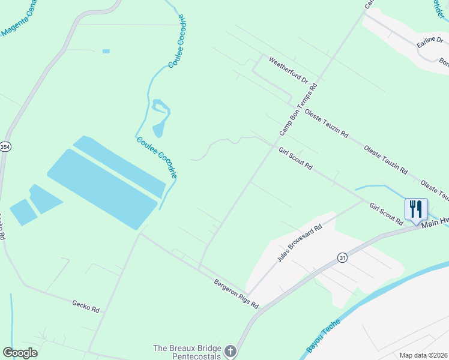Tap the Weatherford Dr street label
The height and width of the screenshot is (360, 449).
tap(288, 70)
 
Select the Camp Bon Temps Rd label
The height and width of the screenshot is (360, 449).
tap(298, 109)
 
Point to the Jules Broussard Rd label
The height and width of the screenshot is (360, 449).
tap(300, 244)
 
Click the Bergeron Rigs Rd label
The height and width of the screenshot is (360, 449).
tap(236, 293)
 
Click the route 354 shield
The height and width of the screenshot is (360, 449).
tap(5, 147)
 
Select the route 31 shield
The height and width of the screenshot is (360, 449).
tap(342, 257)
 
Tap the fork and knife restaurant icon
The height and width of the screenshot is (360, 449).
tap(416, 209)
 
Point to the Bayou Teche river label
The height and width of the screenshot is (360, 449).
tap(322, 335)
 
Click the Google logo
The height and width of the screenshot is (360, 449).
tap(20, 353)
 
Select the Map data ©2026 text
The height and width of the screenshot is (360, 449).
tap(423, 355)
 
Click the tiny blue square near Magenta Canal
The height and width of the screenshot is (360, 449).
tap(106, 51)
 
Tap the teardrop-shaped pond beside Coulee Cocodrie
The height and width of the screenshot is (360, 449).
tap(159, 129)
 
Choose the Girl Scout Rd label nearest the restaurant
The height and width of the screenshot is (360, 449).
tap(386, 214)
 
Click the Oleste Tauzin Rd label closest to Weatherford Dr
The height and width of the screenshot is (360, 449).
tap(326, 124)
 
